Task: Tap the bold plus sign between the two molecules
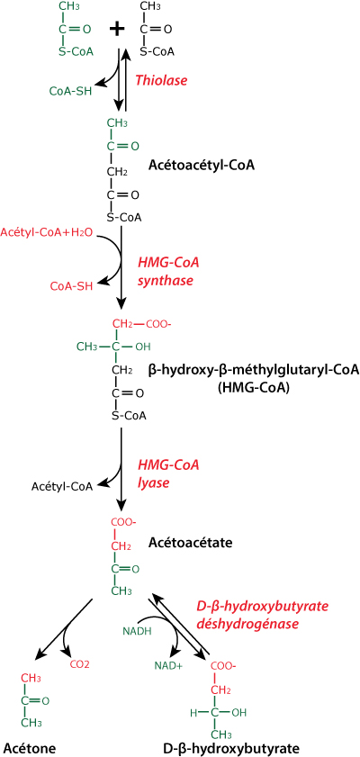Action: point(116,30)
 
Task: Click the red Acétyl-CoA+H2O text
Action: point(49,233)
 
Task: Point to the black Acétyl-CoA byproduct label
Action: point(62,486)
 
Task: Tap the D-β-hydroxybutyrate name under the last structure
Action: point(231,748)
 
